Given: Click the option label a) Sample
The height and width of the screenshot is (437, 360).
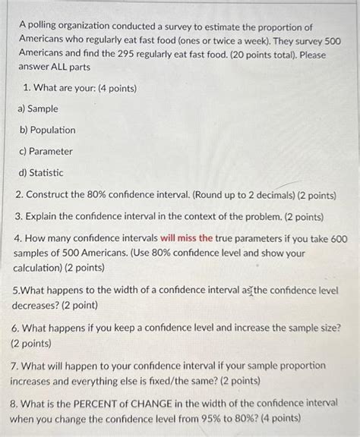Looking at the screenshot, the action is coord(37,108).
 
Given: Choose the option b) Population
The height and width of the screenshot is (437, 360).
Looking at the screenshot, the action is coord(46,130).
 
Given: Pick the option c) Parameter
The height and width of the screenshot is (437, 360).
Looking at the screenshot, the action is coord(45,151).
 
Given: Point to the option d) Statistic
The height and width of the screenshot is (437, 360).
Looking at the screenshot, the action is coord(41,173).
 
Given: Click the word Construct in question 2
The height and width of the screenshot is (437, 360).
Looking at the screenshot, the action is coord(49,194).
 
